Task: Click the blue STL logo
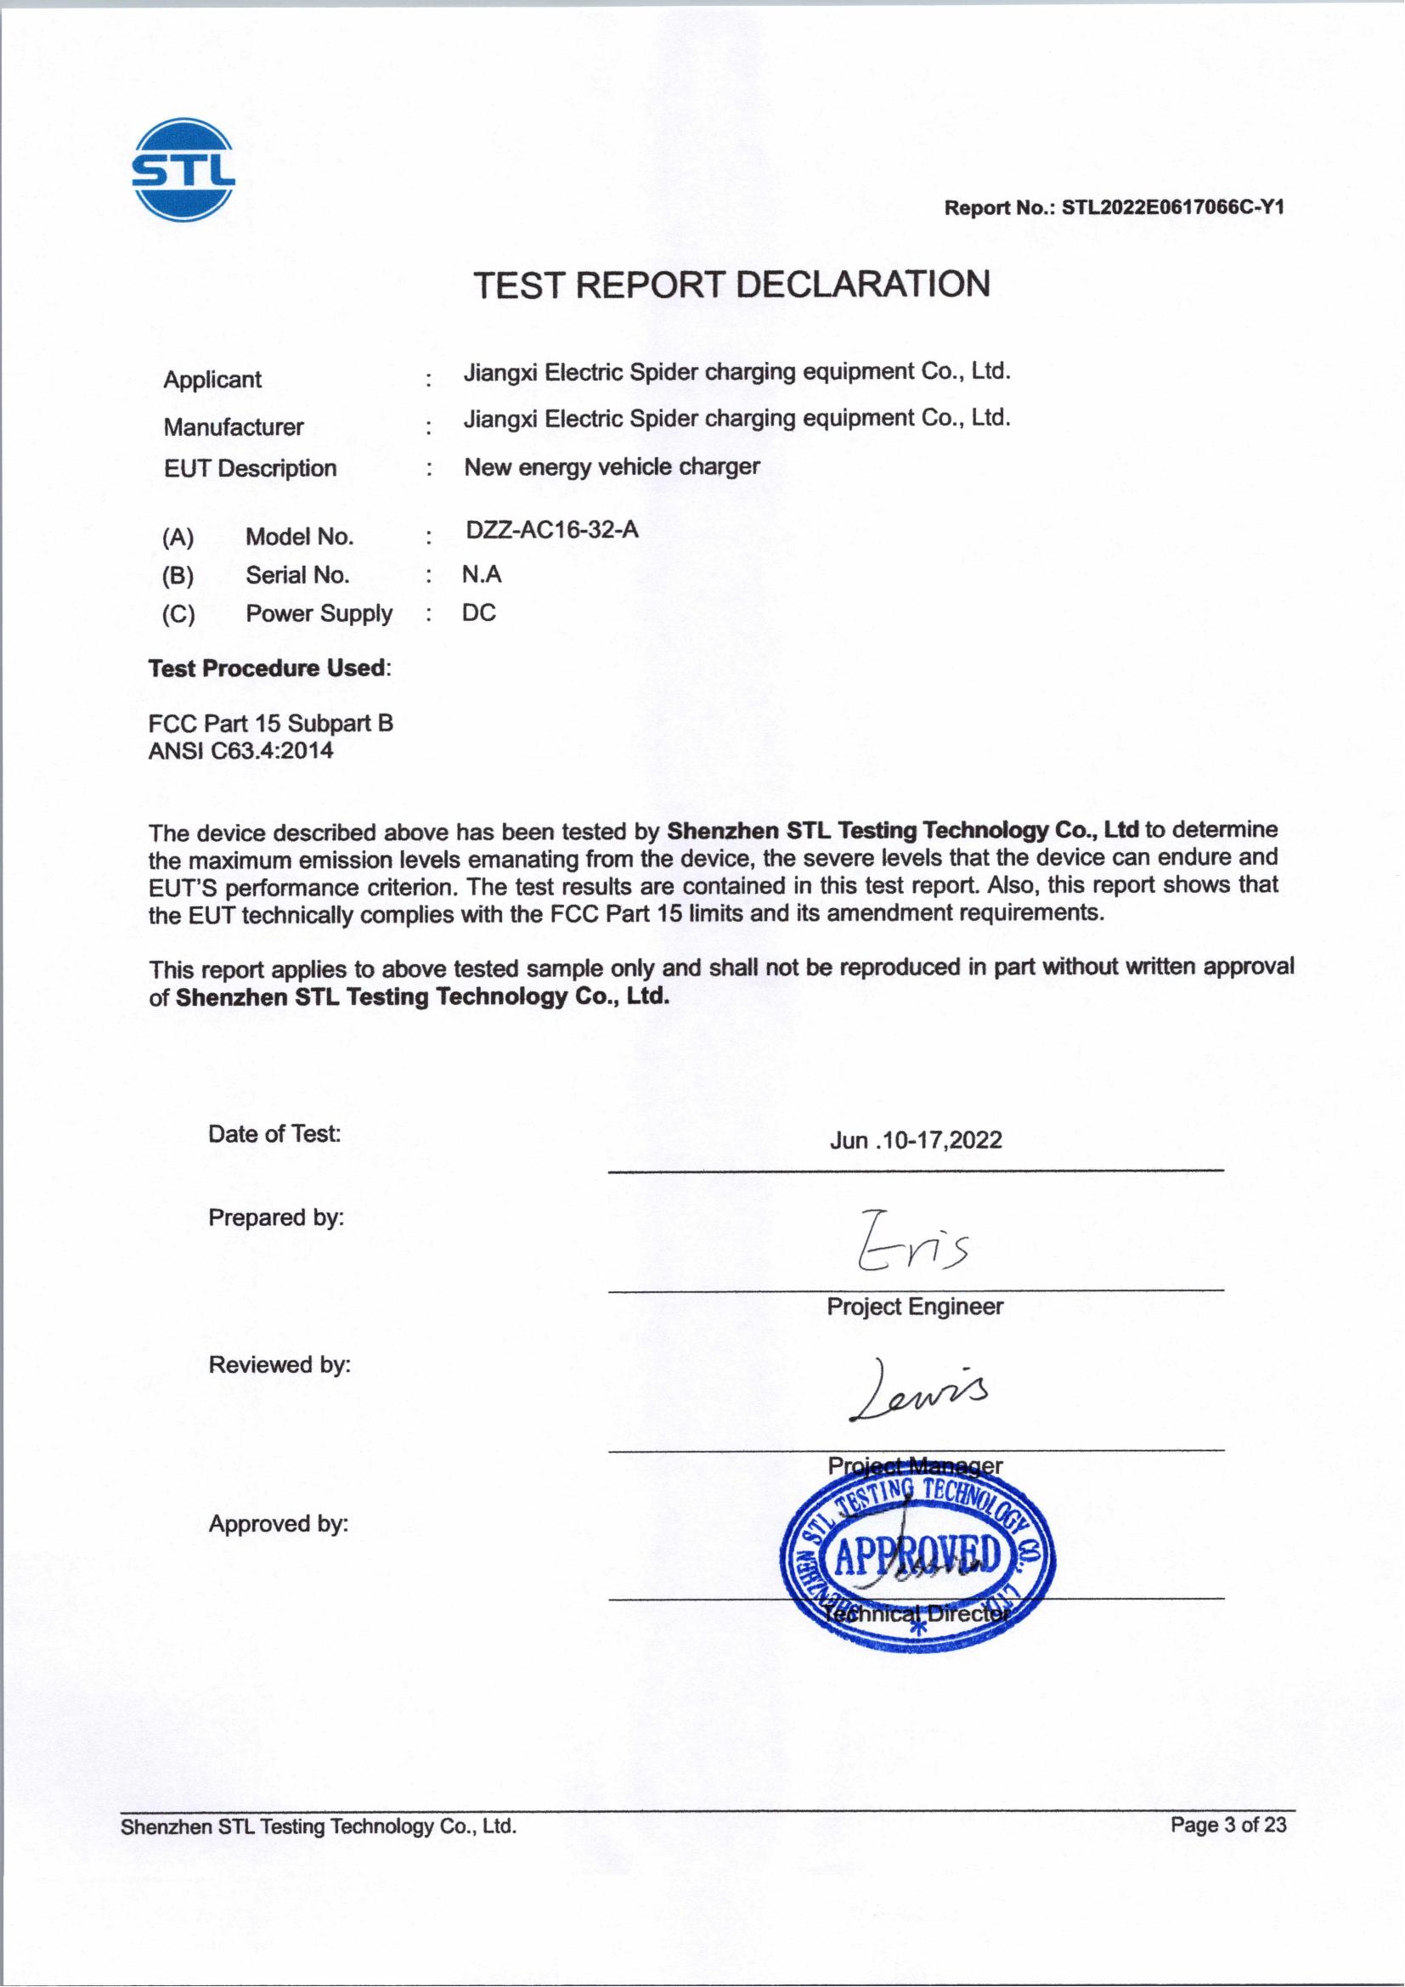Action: [x=183, y=170]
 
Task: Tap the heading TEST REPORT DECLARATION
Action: [x=732, y=285]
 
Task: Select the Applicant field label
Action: [x=212, y=379]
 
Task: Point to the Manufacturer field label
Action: [x=233, y=426]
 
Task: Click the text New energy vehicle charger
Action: [x=612, y=467]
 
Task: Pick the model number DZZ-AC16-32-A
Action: [x=552, y=529]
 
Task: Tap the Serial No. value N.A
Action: [x=481, y=574]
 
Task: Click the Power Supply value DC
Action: [x=478, y=613]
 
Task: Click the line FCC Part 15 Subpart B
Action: [x=271, y=724]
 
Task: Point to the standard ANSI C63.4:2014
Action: [x=240, y=750]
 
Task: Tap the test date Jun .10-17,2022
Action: [x=916, y=1140]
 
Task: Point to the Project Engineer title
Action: [x=915, y=1306]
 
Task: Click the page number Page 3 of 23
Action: [x=1227, y=1825]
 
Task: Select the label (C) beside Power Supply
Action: [x=178, y=614]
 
